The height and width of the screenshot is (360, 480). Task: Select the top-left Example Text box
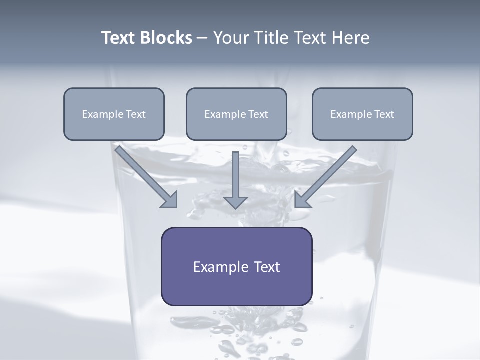coord(114,114)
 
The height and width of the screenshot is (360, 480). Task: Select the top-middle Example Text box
coord(236,114)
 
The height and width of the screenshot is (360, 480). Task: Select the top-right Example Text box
coord(362,114)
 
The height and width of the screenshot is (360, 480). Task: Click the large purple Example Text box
coord(236,266)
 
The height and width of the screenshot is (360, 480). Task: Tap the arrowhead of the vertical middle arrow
coord(235,202)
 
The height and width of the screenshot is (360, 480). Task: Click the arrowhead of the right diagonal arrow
coord(301,200)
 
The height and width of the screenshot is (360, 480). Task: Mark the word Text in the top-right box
coord(384,114)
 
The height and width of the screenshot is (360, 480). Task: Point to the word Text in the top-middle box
coord(258,114)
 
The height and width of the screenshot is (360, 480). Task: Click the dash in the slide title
coord(202,38)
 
